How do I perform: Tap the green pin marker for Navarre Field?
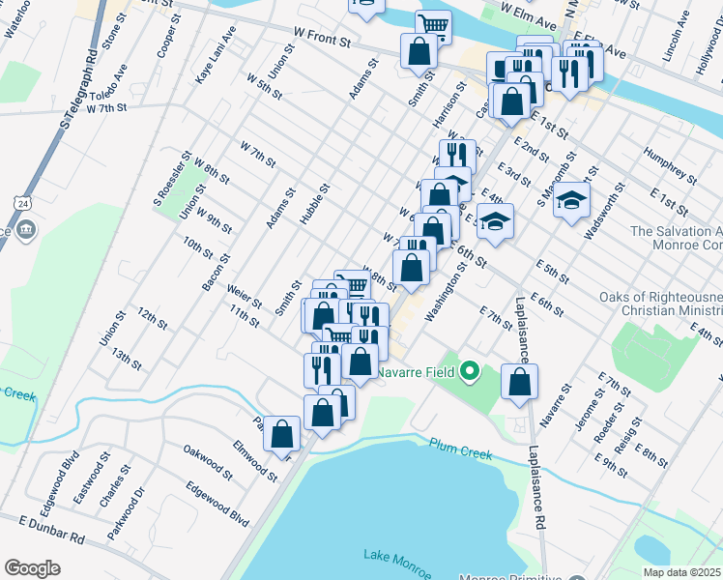tap(470, 370)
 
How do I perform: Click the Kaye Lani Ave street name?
tap(216, 55)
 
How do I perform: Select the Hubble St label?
tap(315, 204)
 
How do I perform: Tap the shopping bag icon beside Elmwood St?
tap(282, 435)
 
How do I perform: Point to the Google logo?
tap(32, 567)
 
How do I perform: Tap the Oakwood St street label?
tap(208, 461)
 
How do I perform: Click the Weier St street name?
tap(244, 296)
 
